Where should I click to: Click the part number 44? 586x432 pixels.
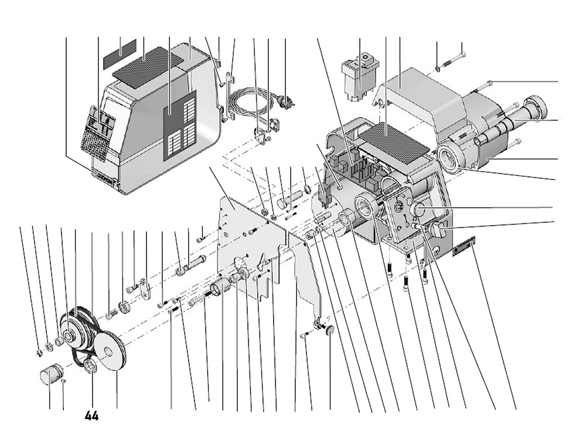[91, 416]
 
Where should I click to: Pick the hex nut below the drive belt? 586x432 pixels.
[91, 367]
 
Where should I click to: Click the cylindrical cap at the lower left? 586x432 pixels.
[51, 373]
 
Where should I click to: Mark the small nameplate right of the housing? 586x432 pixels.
[464, 244]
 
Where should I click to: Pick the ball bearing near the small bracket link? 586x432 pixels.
[125, 306]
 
